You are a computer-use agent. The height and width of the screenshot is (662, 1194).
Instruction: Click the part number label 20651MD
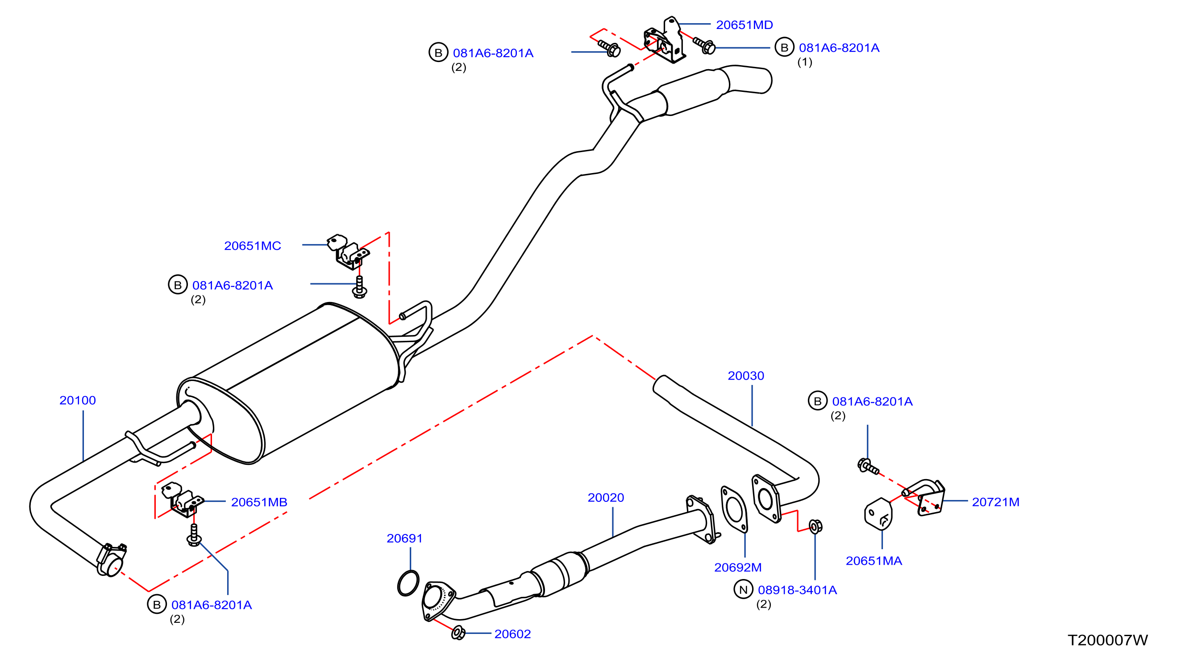745,25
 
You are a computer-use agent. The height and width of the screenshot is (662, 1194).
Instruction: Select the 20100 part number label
77,400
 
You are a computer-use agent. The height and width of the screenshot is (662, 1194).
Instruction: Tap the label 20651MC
253,246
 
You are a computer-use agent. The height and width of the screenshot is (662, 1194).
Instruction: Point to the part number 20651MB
259,502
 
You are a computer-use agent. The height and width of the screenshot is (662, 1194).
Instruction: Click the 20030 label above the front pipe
746,376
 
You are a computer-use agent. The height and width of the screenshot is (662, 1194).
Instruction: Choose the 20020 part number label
606,497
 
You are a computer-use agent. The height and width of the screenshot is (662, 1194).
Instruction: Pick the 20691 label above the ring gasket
405,538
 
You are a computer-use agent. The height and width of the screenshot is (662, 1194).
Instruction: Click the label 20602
513,634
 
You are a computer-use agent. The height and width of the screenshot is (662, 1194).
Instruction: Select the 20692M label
738,567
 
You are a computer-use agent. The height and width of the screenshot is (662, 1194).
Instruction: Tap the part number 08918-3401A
797,590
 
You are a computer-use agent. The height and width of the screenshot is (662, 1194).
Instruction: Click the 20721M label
996,502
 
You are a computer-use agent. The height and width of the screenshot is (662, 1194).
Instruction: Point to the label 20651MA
874,561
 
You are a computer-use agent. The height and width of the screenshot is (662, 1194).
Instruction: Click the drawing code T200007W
1108,640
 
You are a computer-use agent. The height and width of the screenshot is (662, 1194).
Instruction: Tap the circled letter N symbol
744,590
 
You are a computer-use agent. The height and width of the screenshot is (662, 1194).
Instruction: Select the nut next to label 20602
458,633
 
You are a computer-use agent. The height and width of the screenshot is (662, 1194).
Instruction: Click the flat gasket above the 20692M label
734,509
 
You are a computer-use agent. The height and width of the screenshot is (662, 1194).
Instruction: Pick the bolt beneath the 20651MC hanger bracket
360,287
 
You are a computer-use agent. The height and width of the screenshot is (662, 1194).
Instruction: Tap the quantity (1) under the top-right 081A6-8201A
805,62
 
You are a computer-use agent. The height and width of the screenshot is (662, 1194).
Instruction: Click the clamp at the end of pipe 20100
111,560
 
